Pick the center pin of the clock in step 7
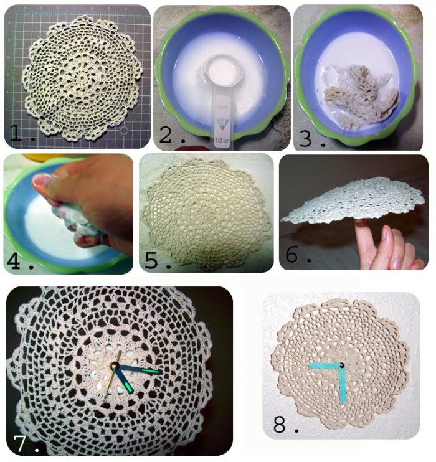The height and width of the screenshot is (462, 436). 116,365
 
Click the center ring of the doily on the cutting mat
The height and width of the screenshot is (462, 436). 80,77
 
